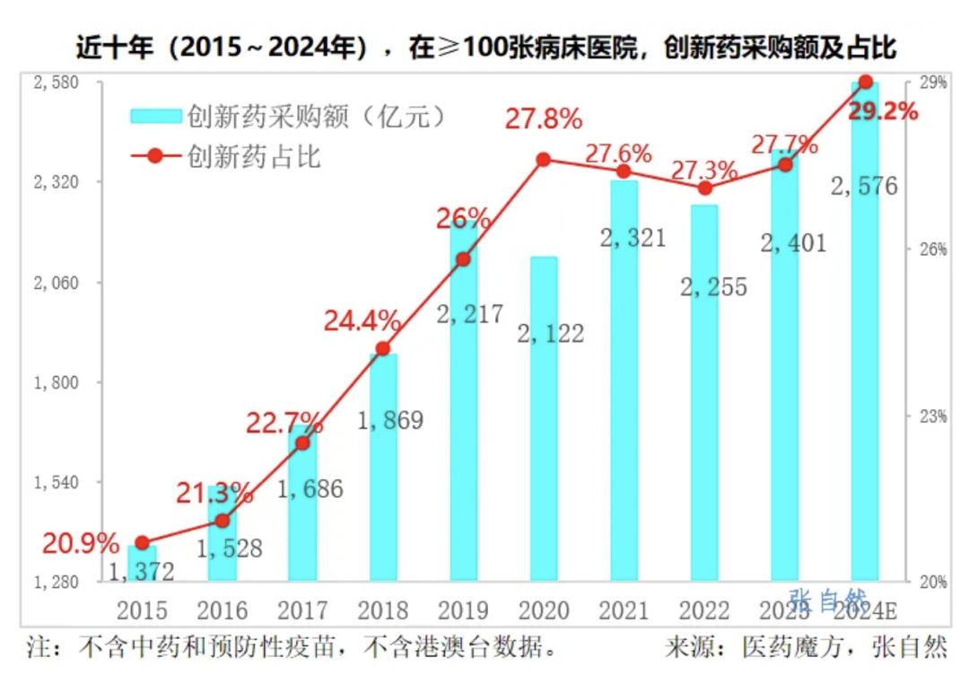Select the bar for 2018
383,467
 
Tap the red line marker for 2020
544,160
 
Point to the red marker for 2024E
866,82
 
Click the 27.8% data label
544,119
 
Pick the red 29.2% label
883,112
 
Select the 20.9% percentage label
81,542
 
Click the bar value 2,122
551,334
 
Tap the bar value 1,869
390,420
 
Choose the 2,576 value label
864,187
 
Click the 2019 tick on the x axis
463,610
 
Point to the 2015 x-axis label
142,610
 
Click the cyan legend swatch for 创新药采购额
156,117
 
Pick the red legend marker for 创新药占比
156,156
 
